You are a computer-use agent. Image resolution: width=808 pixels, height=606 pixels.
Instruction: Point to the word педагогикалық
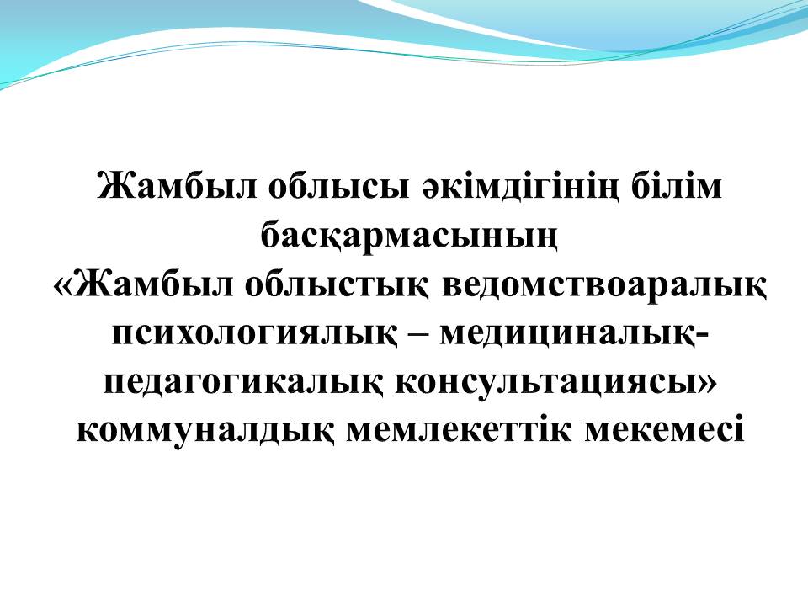click(243, 385)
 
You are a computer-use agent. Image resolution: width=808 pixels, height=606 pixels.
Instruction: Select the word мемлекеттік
click(460, 431)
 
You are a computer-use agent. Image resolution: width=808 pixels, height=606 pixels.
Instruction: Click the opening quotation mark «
click(64, 286)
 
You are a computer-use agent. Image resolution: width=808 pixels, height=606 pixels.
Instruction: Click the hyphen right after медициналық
click(700, 334)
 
